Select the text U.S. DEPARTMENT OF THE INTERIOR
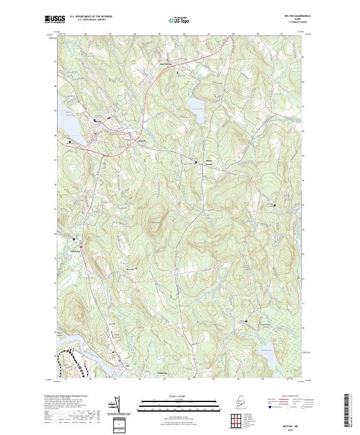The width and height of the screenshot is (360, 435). [x=91, y=16]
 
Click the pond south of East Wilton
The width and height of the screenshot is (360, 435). [x=196, y=106]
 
